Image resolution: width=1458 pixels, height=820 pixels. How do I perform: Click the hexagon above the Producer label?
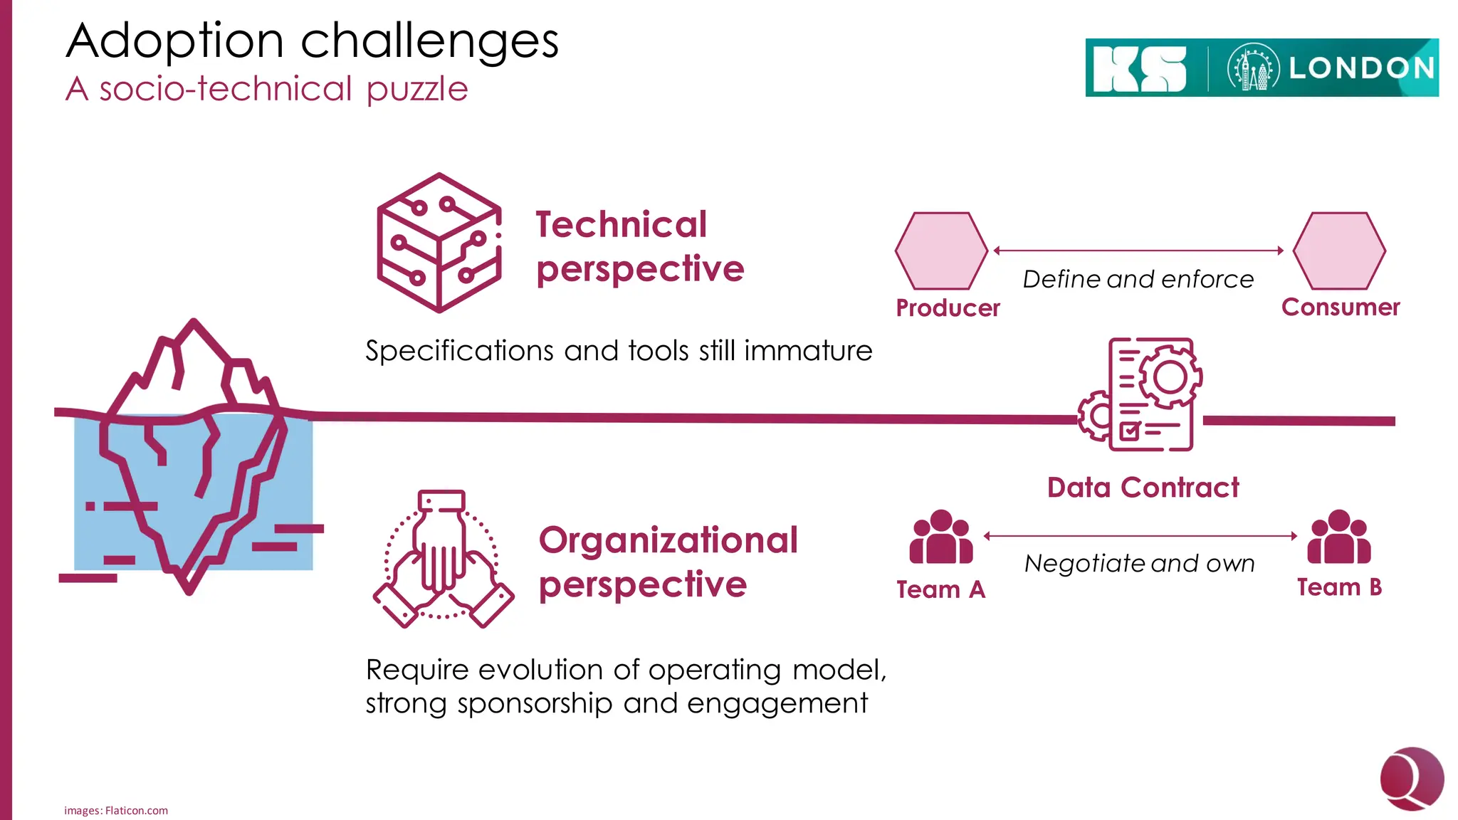tap(941, 251)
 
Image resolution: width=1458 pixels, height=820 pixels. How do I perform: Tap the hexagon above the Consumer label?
tap(1338, 251)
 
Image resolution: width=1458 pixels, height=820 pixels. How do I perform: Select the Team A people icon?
tap(940, 537)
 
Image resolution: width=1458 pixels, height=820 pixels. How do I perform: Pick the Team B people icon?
tap(1338, 537)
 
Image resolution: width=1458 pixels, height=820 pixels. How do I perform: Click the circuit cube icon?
tap(439, 243)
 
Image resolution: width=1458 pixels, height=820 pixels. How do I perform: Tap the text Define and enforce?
tap(1138, 279)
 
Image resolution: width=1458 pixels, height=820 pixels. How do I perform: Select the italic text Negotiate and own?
tap(1139, 563)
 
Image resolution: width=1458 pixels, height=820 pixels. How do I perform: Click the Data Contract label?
tap(1143, 488)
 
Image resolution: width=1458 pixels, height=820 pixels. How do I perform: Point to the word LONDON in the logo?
tap(1361, 68)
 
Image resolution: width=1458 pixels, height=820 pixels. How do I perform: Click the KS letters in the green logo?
tap(1139, 68)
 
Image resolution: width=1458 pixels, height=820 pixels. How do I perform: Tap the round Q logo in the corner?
tap(1411, 779)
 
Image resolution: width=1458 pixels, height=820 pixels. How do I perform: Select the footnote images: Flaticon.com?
tap(116, 810)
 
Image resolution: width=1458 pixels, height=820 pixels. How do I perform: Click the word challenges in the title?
tap(429, 41)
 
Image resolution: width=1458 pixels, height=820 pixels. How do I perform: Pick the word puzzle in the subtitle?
tap(417, 90)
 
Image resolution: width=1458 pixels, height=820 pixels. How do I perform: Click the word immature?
tap(808, 351)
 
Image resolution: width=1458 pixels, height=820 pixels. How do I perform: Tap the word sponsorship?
tap(535, 703)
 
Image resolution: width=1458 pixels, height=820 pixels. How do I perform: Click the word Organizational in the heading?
tap(668, 540)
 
